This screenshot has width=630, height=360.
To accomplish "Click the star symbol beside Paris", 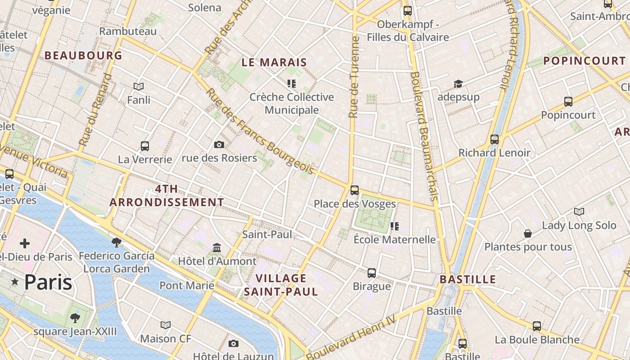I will coord(15,282).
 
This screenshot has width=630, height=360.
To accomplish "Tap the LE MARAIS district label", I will coord(274,63).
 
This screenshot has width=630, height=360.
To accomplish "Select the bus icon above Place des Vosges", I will coord(355,190).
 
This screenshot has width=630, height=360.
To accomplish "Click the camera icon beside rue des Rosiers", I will coord(219,144).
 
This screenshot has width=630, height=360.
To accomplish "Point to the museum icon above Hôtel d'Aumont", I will coord(217,248).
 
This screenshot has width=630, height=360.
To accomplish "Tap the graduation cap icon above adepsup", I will coord(458,84).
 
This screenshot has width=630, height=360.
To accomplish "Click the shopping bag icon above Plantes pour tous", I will coord(528,234).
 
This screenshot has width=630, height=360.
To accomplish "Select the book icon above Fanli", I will coord(139,86).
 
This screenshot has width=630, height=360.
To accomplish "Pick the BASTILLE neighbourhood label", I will coord(468,279).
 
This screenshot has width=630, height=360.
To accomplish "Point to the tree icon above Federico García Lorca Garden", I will coord(117,243).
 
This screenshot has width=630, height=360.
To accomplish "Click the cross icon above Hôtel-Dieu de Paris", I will coord(25,244).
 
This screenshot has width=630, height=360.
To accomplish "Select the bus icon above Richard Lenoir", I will coord(495,139).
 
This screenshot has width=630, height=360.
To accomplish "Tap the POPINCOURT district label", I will coord(584,61).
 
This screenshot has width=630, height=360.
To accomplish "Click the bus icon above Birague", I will coord(372,273).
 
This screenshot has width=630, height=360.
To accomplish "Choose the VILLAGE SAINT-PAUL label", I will coord(281,284).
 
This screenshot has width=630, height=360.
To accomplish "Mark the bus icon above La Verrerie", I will coord(145,146).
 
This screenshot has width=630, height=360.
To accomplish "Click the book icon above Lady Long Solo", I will coord(579,211).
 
